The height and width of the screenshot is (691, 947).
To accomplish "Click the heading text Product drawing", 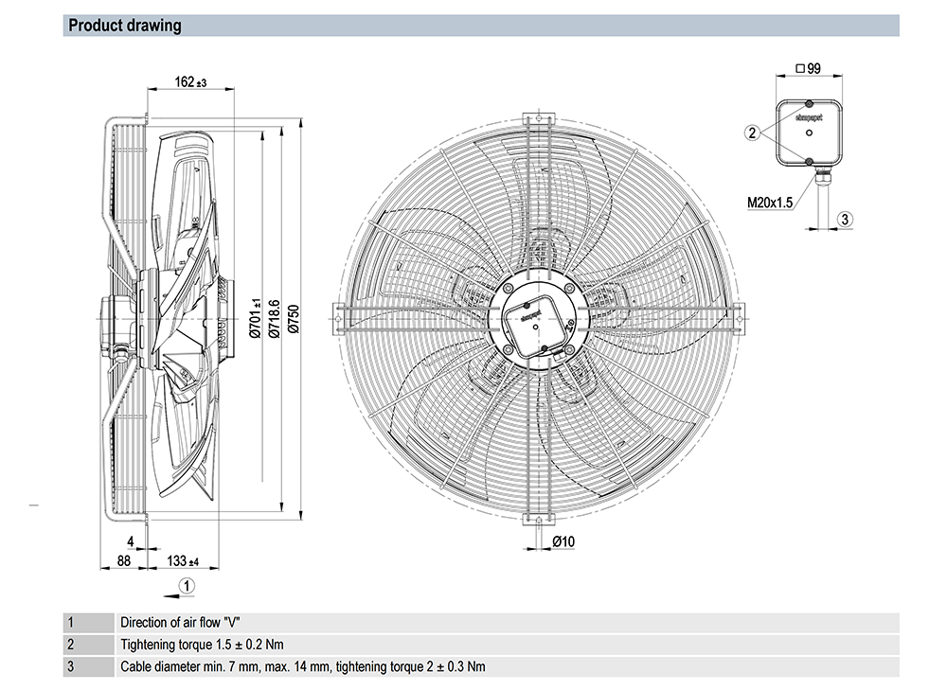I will (x=125, y=26).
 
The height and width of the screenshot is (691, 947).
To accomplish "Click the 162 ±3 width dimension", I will (x=190, y=82).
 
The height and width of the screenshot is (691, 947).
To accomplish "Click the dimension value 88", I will (x=123, y=561).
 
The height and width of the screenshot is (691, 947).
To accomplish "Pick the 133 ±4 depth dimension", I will (x=183, y=561).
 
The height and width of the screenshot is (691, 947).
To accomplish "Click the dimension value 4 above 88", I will (x=131, y=542).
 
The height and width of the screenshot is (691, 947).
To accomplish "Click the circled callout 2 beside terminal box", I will (x=752, y=133).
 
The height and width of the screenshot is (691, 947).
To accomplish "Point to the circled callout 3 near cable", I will (x=846, y=219).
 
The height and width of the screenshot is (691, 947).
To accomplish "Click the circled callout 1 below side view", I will (x=187, y=586).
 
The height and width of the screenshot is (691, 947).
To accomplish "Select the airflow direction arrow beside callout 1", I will (x=168, y=594).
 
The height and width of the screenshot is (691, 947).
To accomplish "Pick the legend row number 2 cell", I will (x=70, y=645).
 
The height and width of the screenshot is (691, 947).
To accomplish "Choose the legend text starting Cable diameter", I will (x=303, y=666).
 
